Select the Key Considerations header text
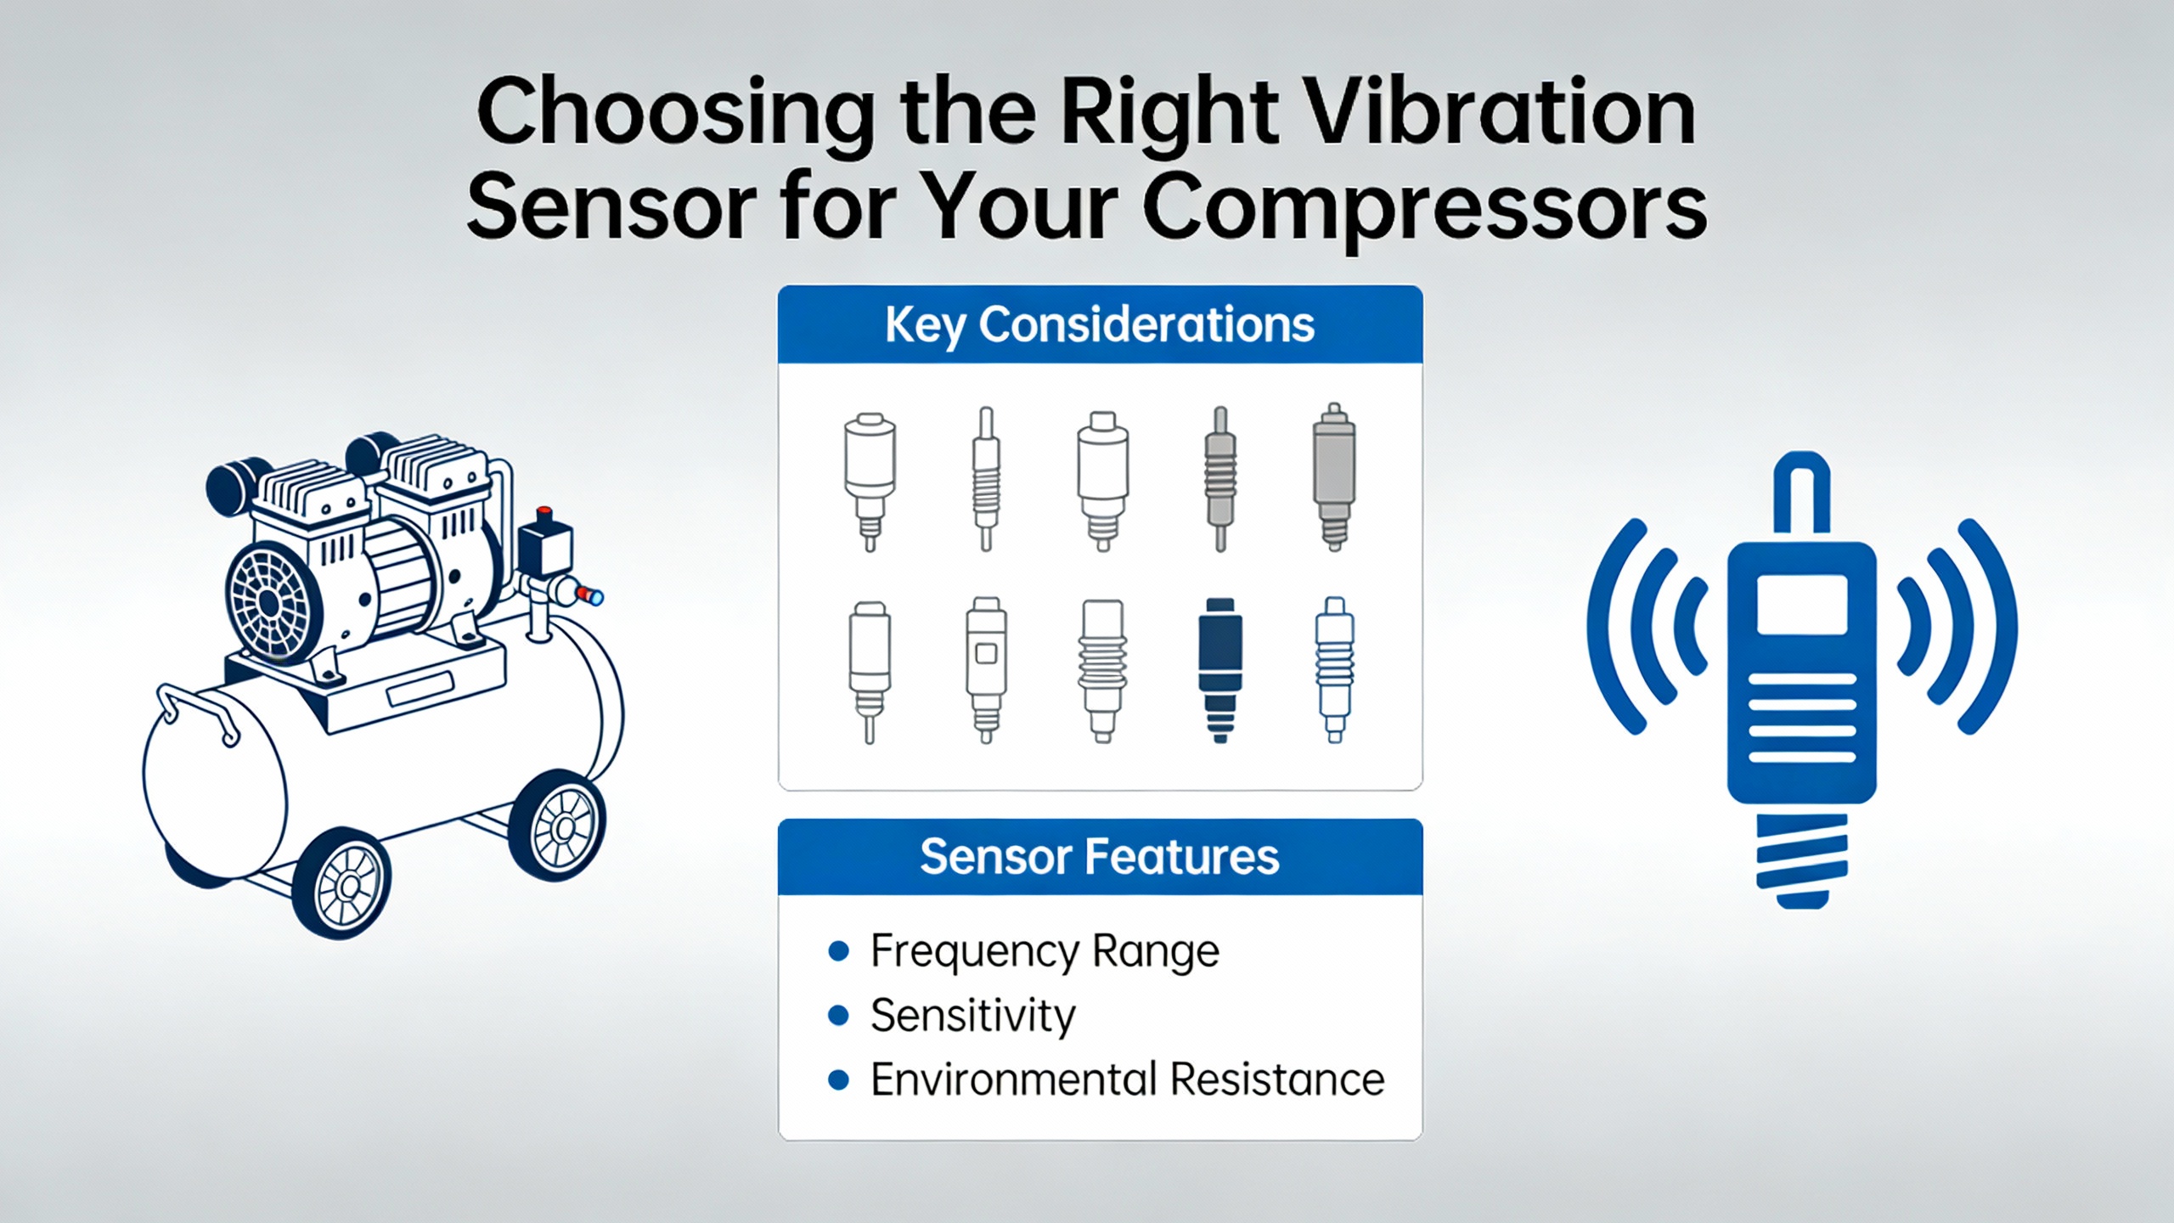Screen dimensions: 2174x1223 tap(1100, 325)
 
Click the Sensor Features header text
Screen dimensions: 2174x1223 tap(1100, 856)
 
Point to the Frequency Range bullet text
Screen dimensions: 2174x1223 tap(1045, 951)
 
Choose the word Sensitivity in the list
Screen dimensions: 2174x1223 tap(973, 1016)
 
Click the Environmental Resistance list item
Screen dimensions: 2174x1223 tap(1128, 1079)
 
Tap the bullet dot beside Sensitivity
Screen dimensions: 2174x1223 tap(838, 1015)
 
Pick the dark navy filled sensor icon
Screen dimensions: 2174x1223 tap(1220, 670)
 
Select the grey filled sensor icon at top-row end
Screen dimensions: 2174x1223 tap(1334, 476)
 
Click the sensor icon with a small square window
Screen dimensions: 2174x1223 tap(986, 670)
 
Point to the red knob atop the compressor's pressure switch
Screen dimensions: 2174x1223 tap(544, 514)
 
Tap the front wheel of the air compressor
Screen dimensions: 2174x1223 tap(342, 884)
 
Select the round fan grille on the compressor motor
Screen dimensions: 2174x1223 tap(270, 602)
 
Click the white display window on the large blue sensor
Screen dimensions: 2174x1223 tap(1802, 604)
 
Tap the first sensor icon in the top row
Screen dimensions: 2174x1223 tap(870, 481)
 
